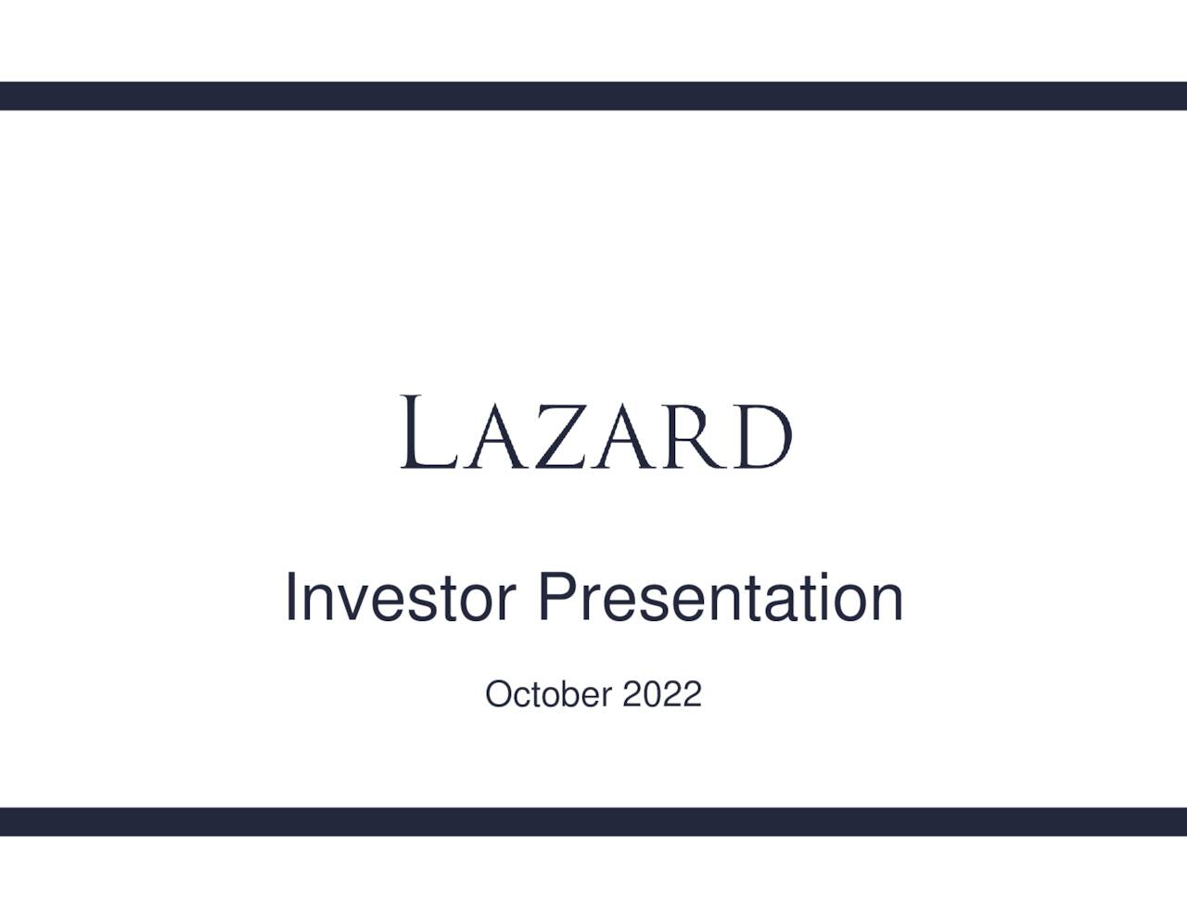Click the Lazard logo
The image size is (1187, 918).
595,433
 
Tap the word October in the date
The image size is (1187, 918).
548,694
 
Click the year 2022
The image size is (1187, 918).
662,694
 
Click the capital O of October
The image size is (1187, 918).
498,694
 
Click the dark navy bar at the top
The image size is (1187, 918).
593,96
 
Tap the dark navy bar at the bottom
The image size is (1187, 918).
593,821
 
